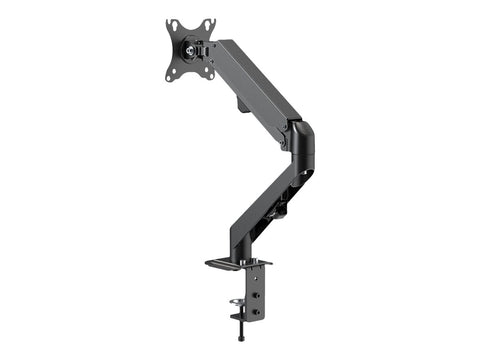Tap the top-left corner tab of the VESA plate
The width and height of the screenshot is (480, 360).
click(171, 23)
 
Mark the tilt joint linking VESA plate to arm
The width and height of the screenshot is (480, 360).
click(205, 46)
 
